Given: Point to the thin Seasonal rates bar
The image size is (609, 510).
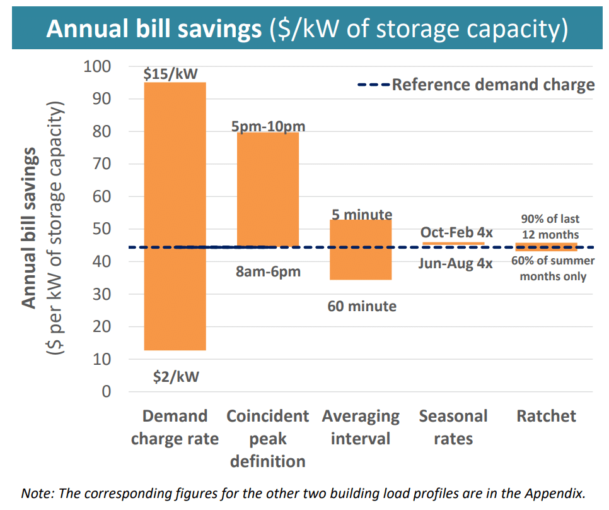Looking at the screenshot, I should click(x=453, y=243).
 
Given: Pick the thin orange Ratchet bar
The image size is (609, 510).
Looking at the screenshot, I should click(x=546, y=247).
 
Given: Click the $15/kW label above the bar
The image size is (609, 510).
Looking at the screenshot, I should click(x=175, y=74).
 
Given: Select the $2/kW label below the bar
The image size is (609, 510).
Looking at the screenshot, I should click(x=176, y=377).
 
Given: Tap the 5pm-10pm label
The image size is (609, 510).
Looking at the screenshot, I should click(x=268, y=126).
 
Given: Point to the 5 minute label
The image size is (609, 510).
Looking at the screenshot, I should click(x=361, y=215).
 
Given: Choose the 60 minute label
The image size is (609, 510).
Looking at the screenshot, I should click(x=362, y=306).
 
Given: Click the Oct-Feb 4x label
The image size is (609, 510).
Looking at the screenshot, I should click(x=456, y=232).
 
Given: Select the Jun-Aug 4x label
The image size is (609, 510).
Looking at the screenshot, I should click(x=455, y=263).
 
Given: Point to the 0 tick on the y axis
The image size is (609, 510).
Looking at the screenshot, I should click(x=106, y=391).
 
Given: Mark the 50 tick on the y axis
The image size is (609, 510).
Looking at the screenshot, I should click(x=101, y=229).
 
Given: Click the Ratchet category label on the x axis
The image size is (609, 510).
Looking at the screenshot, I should click(x=546, y=416).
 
